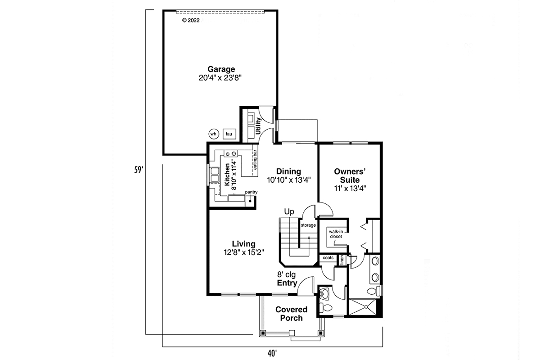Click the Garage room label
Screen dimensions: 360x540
click(x=221, y=69)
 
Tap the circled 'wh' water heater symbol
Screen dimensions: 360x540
click(x=213, y=134)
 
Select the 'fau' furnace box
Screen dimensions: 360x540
click(x=229, y=134)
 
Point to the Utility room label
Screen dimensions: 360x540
click(x=258, y=126)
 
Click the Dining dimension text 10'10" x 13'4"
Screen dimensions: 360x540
click(x=288, y=180)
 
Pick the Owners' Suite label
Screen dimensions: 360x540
click(x=349, y=175)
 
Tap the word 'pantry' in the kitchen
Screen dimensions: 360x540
click(x=251, y=192)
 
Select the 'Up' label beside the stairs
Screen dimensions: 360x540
click(x=289, y=211)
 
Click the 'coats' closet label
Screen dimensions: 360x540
click(x=328, y=258)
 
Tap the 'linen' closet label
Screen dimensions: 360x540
click(x=342, y=260)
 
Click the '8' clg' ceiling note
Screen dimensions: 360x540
click(x=287, y=274)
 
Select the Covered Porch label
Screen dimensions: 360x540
click(x=291, y=314)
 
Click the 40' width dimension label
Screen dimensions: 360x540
click(x=272, y=354)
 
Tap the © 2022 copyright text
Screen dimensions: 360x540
click(x=190, y=20)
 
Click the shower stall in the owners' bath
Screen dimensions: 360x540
click(x=364, y=307)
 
